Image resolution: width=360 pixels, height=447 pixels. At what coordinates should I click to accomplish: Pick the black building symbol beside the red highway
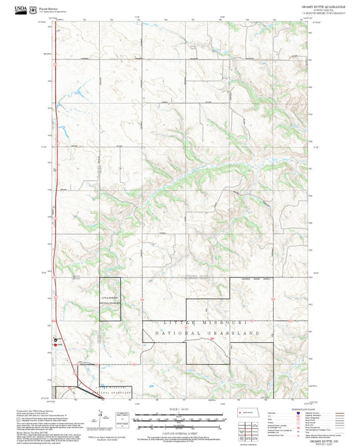pos(56,340)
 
